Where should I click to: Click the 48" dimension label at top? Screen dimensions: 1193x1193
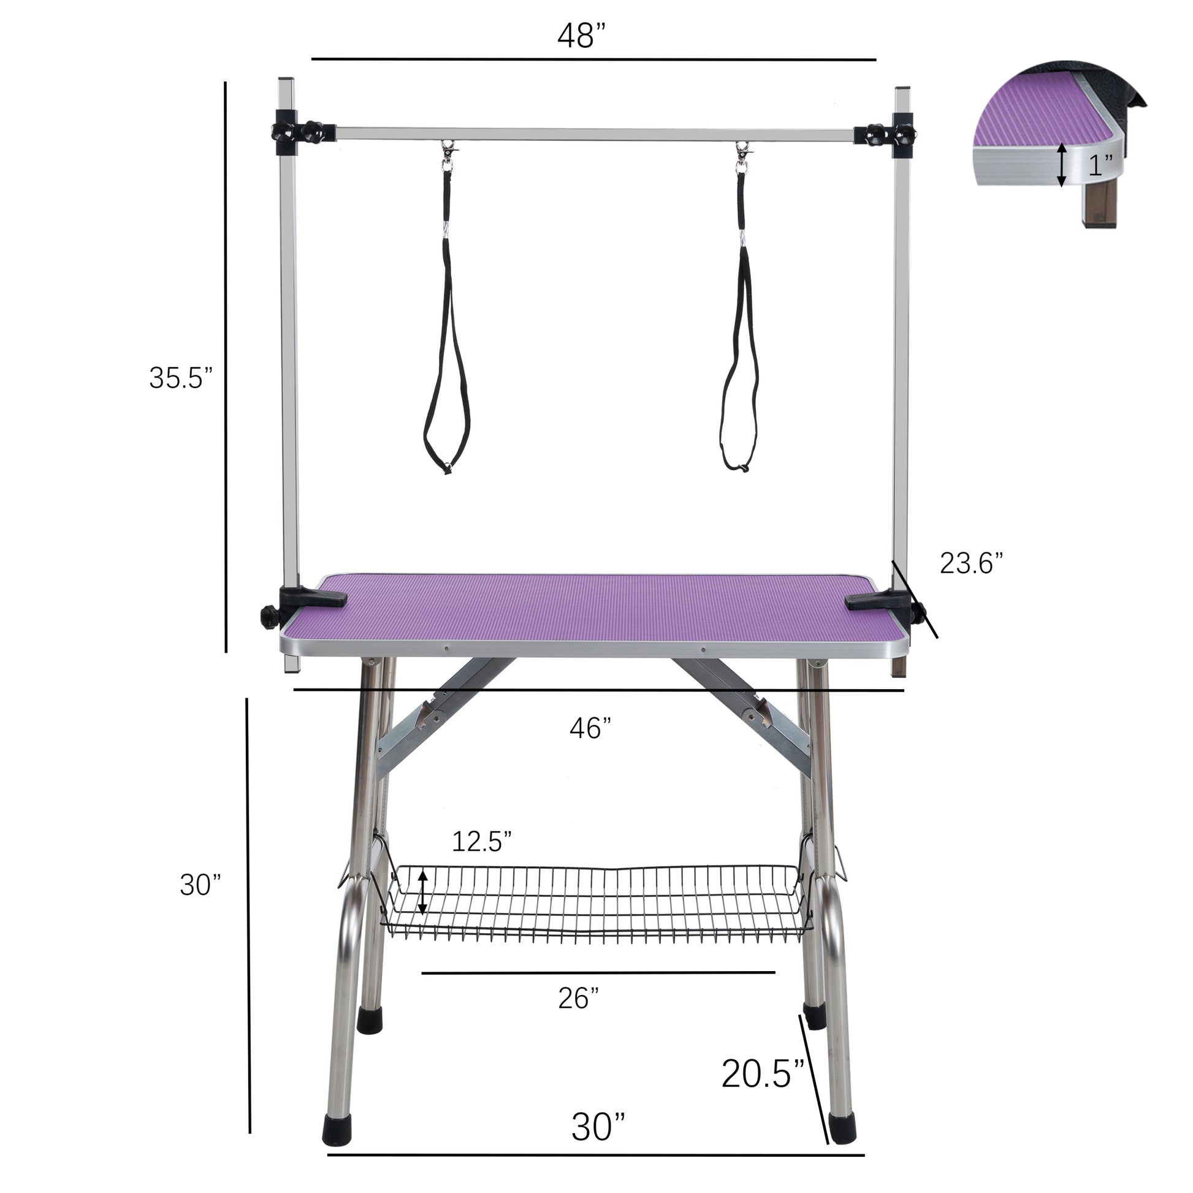click(583, 37)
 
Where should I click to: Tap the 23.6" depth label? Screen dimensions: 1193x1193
click(970, 563)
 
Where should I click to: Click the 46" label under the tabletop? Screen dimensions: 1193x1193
click(590, 729)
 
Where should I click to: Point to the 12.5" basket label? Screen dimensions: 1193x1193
click(482, 841)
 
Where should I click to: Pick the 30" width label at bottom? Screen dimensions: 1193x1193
click(598, 1127)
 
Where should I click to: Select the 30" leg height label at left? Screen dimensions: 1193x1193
click(200, 885)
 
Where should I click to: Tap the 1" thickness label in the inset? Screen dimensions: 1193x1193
click(1100, 166)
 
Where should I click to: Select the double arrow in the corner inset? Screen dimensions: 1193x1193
click(1061, 164)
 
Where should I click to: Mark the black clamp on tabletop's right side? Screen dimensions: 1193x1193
click(880, 602)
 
